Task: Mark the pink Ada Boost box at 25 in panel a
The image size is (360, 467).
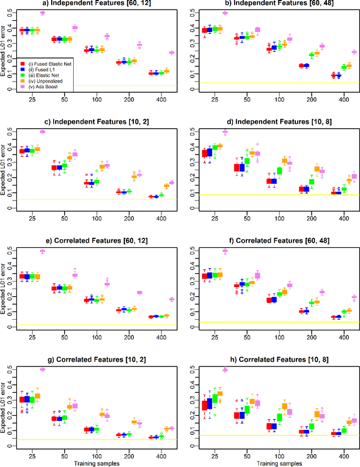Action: [42, 13]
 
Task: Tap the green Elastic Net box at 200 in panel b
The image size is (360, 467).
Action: [312, 56]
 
